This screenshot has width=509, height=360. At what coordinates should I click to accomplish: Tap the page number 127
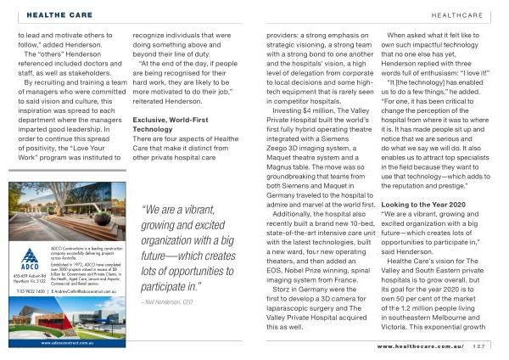(x=479, y=345)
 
